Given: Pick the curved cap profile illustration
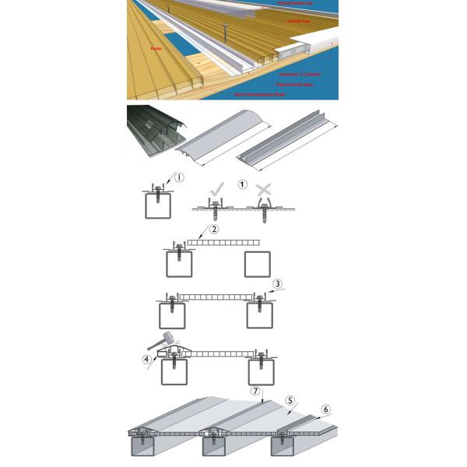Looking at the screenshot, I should pyautogui.click(x=223, y=139).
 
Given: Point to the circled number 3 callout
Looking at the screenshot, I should pyautogui.click(x=278, y=283).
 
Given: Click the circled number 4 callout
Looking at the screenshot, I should pyautogui.click(x=147, y=360).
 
